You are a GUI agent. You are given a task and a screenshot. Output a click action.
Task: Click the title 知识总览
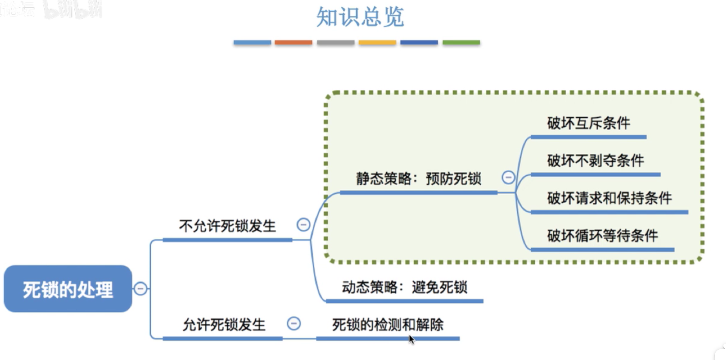pyautogui.click(x=360, y=17)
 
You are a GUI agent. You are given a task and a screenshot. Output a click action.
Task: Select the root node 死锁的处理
pyautogui.click(x=68, y=289)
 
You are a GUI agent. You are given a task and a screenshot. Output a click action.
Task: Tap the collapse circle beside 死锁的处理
pyautogui.click(x=140, y=289)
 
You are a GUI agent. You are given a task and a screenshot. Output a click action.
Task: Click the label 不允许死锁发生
pyautogui.click(x=227, y=226)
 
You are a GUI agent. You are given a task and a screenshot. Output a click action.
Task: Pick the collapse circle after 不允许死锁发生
pyautogui.click(x=303, y=225)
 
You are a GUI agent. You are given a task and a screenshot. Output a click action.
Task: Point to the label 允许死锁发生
pyautogui.click(x=224, y=325)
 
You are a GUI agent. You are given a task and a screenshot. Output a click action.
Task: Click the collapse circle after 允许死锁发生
pyautogui.click(x=294, y=323)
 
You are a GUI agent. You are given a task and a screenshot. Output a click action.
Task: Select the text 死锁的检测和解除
pyautogui.click(x=388, y=325)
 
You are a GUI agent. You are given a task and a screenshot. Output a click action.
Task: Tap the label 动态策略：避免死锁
pyautogui.click(x=404, y=287)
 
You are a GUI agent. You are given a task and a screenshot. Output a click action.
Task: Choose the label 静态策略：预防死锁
pyautogui.click(x=418, y=179)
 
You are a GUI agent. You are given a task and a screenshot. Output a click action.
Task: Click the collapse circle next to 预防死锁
pyautogui.click(x=508, y=177)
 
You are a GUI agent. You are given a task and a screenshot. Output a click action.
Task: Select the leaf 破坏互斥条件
pyautogui.click(x=588, y=123)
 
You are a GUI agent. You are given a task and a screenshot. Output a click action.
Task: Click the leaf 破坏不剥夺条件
pyautogui.click(x=595, y=161)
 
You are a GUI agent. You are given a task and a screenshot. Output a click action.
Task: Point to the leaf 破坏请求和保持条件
pyautogui.click(x=609, y=198)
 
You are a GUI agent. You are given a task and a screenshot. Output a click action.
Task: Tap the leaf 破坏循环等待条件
pyautogui.click(x=602, y=235)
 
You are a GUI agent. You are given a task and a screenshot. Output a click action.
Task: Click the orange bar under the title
pyautogui.click(x=293, y=43)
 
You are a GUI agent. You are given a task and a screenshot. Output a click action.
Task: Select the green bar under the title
pyautogui.click(x=461, y=43)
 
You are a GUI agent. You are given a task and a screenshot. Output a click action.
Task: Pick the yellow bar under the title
pyautogui.click(x=377, y=43)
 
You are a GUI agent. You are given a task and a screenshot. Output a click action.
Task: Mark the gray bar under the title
pyautogui.click(x=336, y=43)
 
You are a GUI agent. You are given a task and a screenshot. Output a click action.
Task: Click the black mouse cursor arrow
pyautogui.click(x=412, y=339)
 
